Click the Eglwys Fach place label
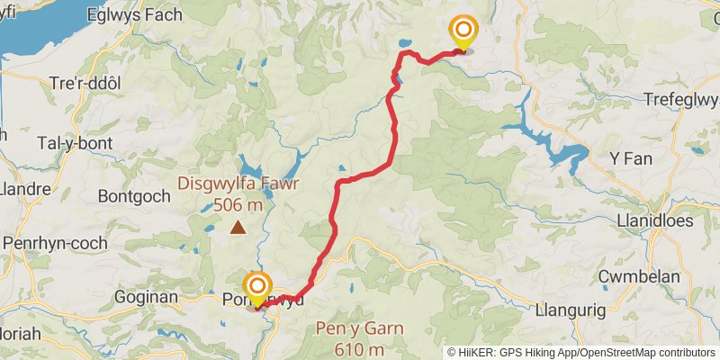click(x=134, y=15)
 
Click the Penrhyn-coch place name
click(x=56, y=243)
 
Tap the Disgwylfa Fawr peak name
click(x=238, y=184)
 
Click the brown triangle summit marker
click(x=238, y=228)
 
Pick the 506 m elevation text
click(x=238, y=206)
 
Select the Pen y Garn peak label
click(x=358, y=328)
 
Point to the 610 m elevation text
click(x=358, y=349)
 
